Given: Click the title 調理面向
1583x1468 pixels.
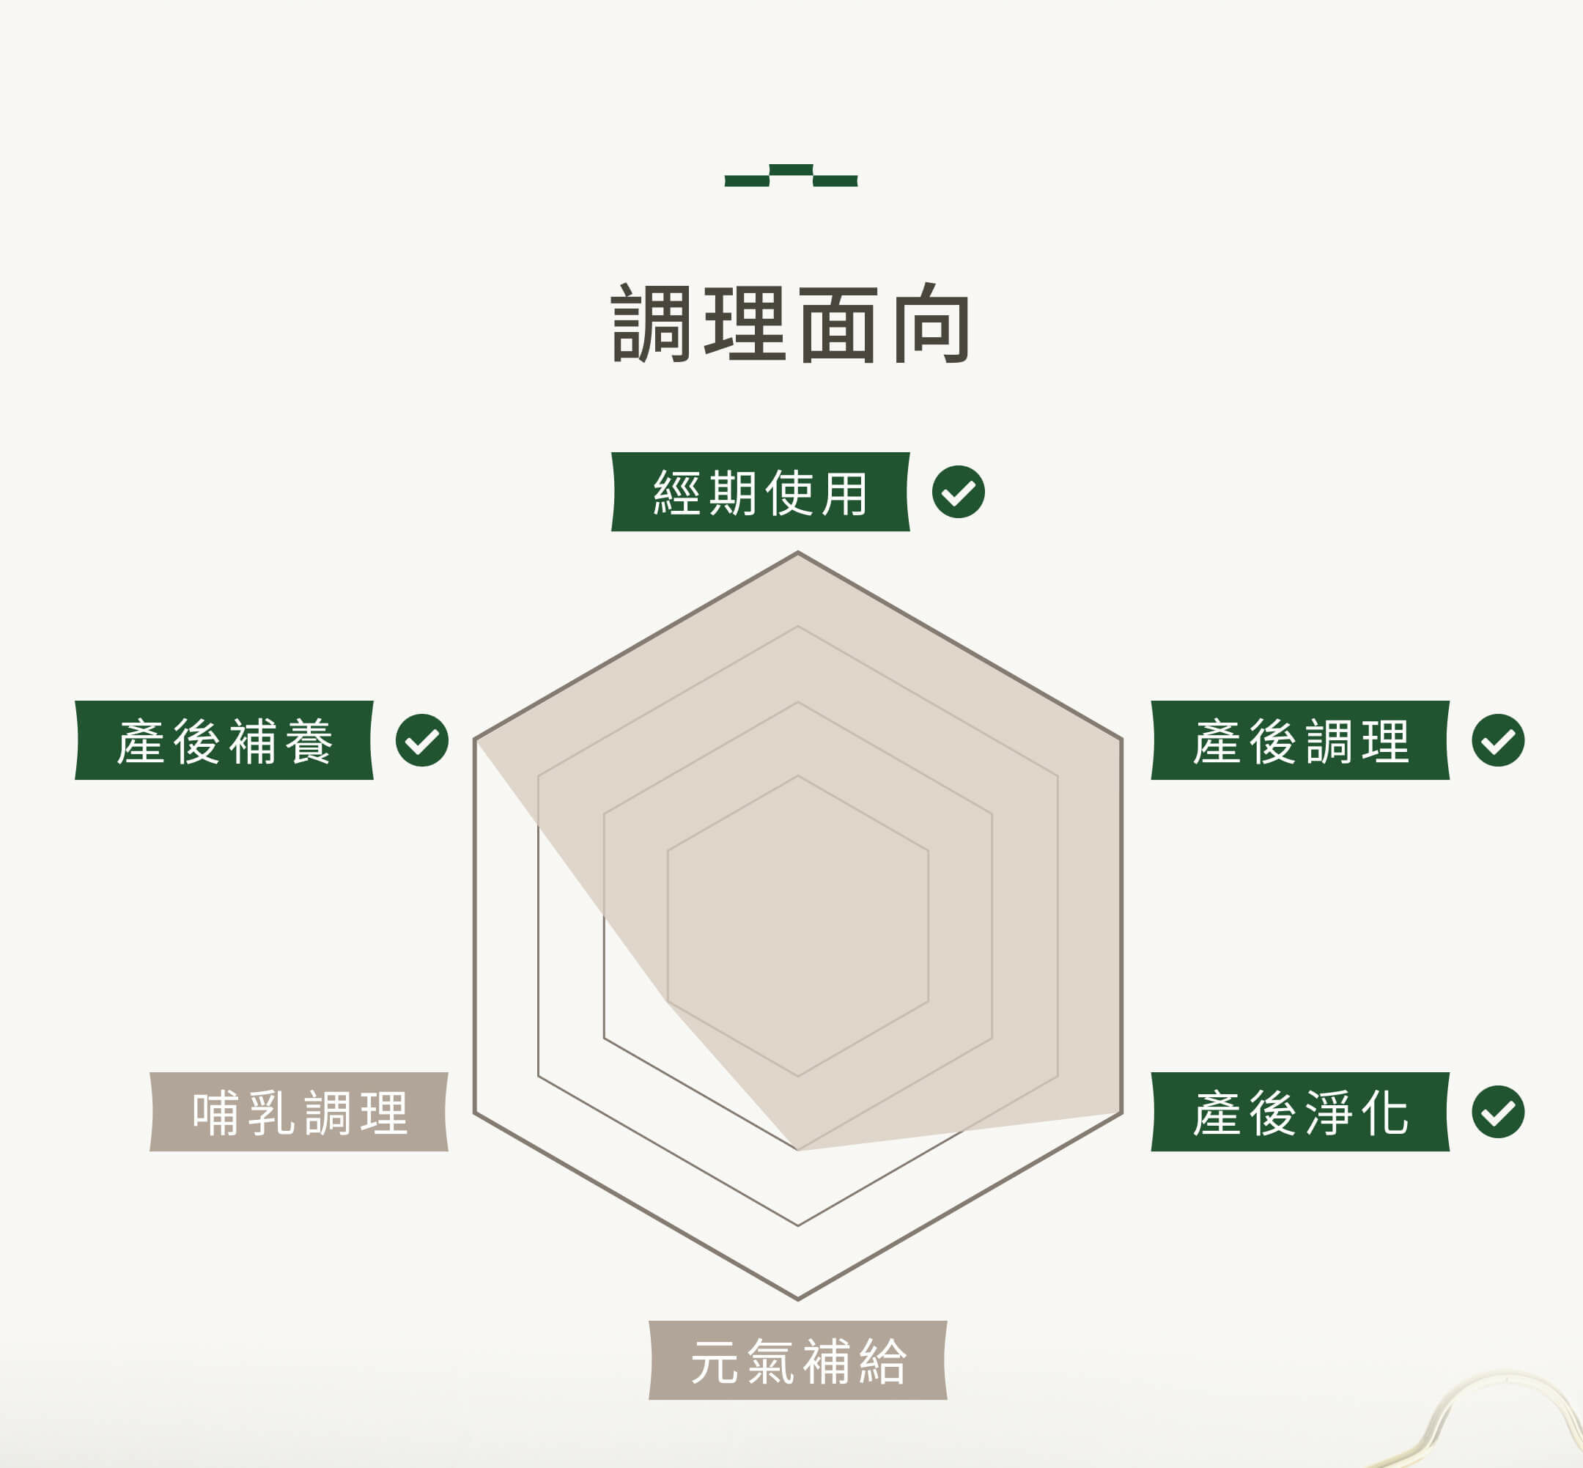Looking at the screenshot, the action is pyautogui.click(x=791, y=324).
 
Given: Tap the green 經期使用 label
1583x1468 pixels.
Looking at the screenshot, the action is pyautogui.click(x=760, y=492).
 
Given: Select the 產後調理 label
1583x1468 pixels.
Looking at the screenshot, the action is pyautogui.click(x=1300, y=740).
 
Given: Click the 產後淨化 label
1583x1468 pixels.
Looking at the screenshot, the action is pyautogui.click(x=1300, y=1111).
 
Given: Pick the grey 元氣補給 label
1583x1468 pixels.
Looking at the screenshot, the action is pyautogui.click(x=797, y=1360).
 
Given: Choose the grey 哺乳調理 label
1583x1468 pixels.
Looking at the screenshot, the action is pyautogui.click(x=299, y=1111).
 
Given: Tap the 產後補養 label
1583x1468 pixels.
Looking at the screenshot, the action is pyautogui.click(x=224, y=740).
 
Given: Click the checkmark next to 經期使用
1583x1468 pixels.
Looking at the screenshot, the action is pyautogui.click(x=958, y=492).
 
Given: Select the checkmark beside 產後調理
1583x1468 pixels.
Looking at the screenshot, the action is pyautogui.click(x=1497, y=740).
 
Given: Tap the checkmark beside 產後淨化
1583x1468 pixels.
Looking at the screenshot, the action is pyautogui.click(x=1497, y=1111).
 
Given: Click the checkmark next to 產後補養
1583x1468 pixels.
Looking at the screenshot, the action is pyautogui.click(x=421, y=740).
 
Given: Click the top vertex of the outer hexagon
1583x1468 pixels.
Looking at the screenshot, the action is pyautogui.click(x=797, y=553).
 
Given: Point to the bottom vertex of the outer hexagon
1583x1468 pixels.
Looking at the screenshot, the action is pyautogui.click(x=797, y=1299).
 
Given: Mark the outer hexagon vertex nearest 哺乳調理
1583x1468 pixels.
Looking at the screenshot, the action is pyautogui.click(x=475, y=1112).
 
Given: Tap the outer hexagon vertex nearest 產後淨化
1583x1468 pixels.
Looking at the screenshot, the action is pyautogui.click(x=1121, y=1112).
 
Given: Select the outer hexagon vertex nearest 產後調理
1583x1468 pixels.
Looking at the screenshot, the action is pyautogui.click(x=1121, y=739).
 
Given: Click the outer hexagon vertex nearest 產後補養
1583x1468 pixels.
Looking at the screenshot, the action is pyautogui.click(x=475, y=739).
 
